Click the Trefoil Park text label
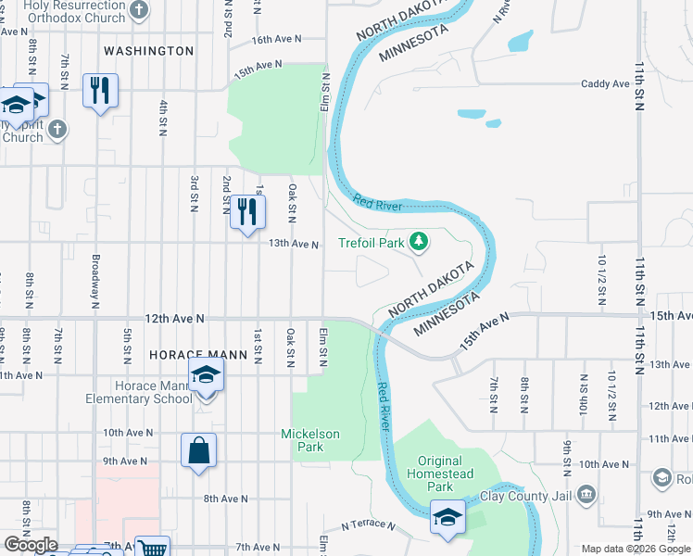click(x=372, y=243)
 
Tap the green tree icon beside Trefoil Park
click(x=420, y=242)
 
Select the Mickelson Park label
click(x=310, y=440)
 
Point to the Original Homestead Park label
click(x=440, y=474)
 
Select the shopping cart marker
click(x=152, y=548)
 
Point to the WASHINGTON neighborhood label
click(x=149, y=51)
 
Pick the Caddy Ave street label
click(x=605, y=84)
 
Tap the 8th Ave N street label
click(x=226, y=499)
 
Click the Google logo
click(x=30, y=545)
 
